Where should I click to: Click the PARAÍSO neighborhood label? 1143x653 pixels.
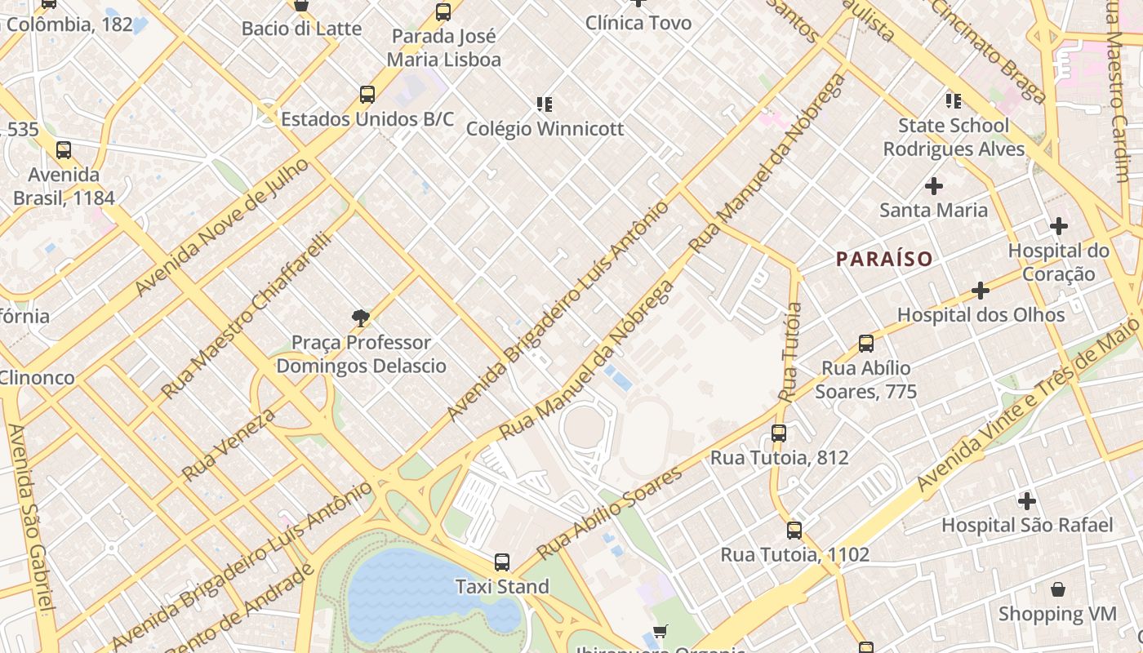point(884,260)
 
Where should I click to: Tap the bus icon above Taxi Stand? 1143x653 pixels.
point(502,562)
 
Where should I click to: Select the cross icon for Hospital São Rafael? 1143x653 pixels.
point(1027,500)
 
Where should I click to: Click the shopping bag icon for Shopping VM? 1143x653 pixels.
point(1058,589)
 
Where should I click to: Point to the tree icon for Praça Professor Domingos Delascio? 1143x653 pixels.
point(360,318)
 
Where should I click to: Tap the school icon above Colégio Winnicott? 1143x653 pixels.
point(545,104)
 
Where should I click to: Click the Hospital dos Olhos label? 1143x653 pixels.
point(981,314)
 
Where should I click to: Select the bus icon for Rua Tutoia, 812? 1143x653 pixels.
point(779,433)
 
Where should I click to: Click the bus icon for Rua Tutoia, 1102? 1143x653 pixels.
point(794,531)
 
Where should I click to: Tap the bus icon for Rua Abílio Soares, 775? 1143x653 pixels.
point(866,344)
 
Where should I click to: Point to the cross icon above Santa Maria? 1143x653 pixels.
point(934,186)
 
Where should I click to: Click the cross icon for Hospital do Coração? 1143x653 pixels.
point(1059,226)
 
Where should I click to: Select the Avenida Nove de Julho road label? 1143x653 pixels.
point(221,228)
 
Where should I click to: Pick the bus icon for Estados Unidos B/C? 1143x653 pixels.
point(367,95)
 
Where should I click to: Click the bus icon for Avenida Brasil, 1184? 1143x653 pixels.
point(64,150)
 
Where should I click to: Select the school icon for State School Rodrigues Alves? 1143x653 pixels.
point(954,101)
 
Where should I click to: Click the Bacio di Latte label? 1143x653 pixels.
point(301,29)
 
